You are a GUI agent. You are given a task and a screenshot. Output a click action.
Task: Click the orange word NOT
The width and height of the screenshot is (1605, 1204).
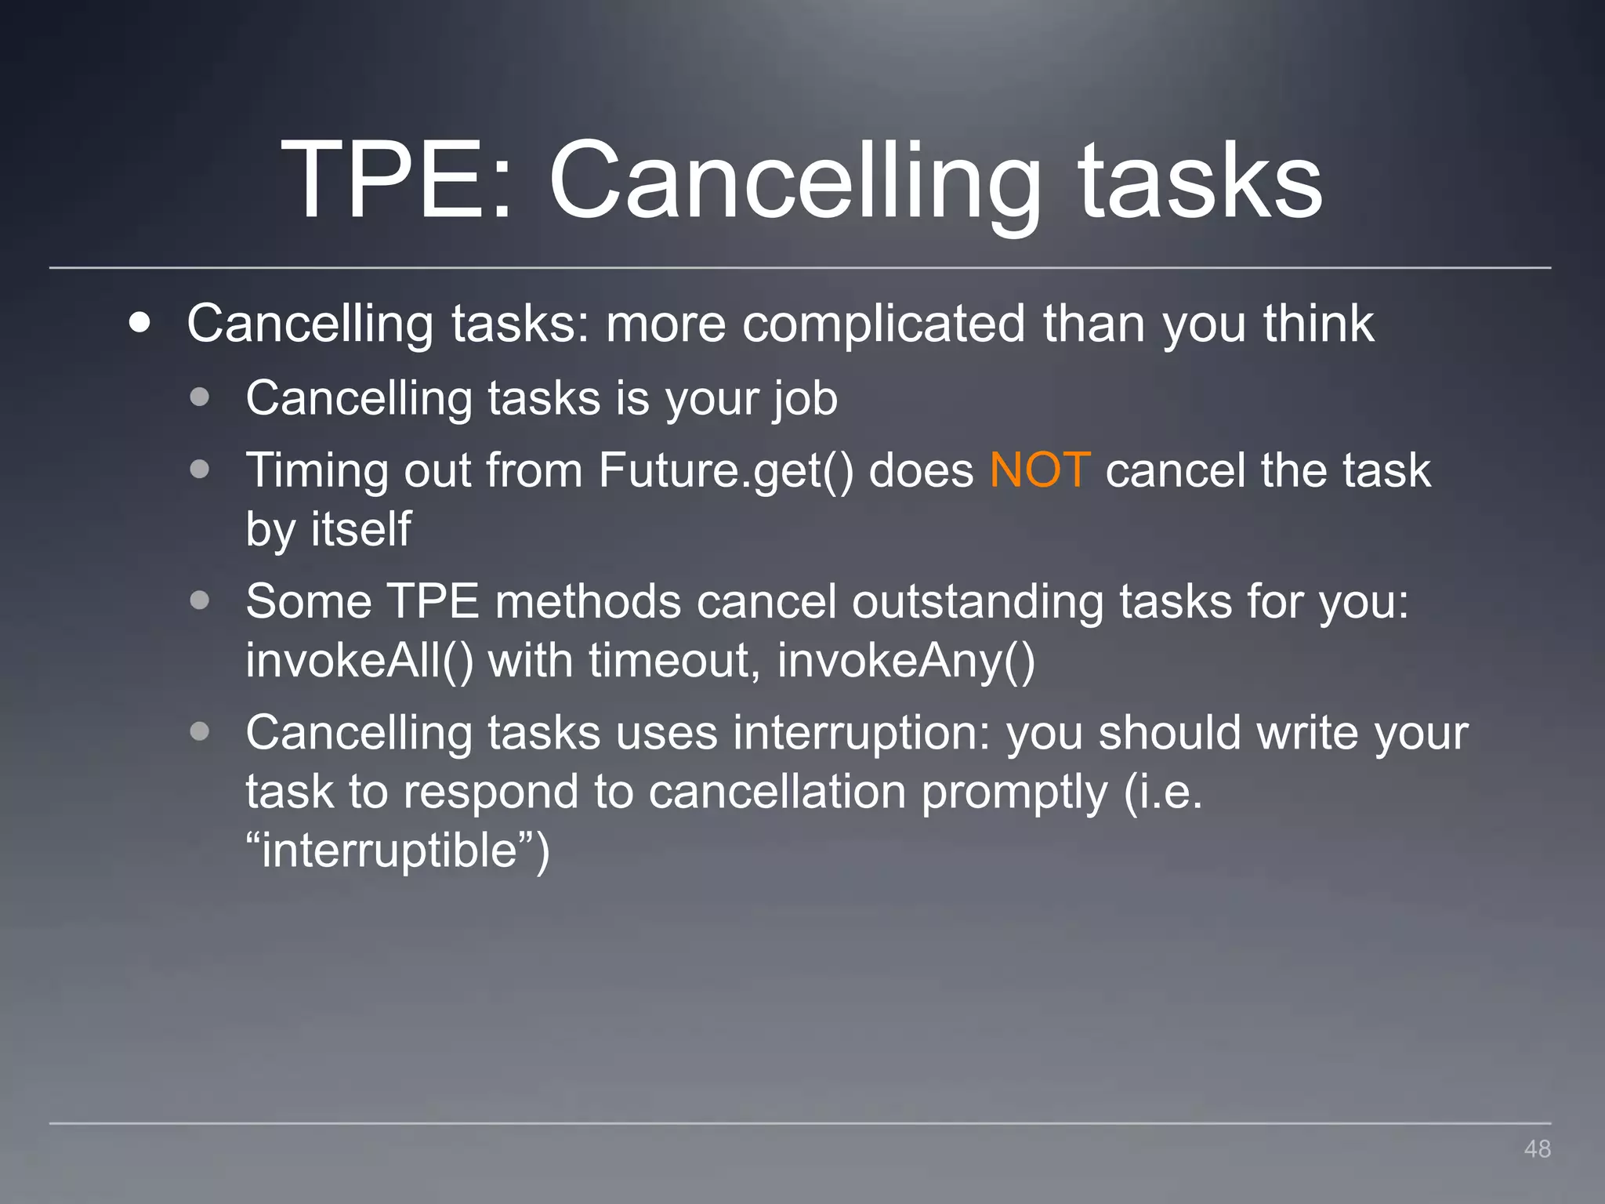click(1039, 470)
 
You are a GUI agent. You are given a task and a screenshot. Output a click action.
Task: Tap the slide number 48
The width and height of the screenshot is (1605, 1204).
click(1537, 1149)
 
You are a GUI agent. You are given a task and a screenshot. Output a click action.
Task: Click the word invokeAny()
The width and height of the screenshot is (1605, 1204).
click(906, 661)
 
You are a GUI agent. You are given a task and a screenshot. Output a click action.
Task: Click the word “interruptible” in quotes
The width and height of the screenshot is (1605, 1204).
click(398, 850)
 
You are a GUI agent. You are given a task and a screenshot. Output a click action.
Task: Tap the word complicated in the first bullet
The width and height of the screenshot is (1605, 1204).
click(883, 324)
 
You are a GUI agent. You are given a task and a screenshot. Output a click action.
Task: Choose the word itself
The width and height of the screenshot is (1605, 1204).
click(361, 529)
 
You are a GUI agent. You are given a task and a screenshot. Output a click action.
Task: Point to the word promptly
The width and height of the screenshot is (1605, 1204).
click(1014, 792)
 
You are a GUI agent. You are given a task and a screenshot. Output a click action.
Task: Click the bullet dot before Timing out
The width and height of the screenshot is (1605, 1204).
click(200, 470)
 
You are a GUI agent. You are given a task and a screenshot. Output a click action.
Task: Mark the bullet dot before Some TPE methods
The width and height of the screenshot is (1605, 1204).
click(200, 600)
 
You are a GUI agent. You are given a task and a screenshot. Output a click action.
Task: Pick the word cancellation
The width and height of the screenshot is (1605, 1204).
click(777, 792)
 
